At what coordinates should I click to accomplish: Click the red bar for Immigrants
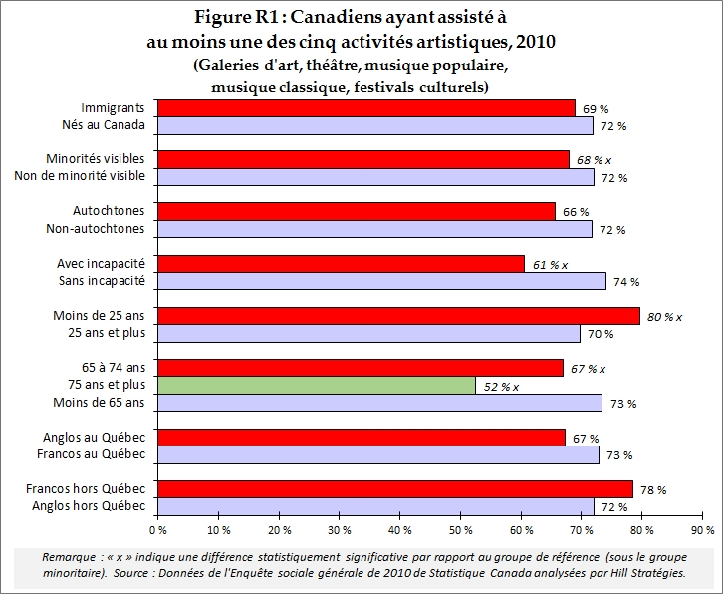[366, 107]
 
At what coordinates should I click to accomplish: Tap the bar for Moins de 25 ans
[399, 316]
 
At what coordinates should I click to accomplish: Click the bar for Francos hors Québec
[396, 488]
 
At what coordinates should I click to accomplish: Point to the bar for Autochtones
[357, 211]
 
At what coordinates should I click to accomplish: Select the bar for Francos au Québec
[378, 454]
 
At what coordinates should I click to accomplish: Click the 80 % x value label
[664, 316]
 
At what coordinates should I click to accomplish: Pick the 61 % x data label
[549, 264]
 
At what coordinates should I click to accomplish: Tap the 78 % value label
[652, 489]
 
